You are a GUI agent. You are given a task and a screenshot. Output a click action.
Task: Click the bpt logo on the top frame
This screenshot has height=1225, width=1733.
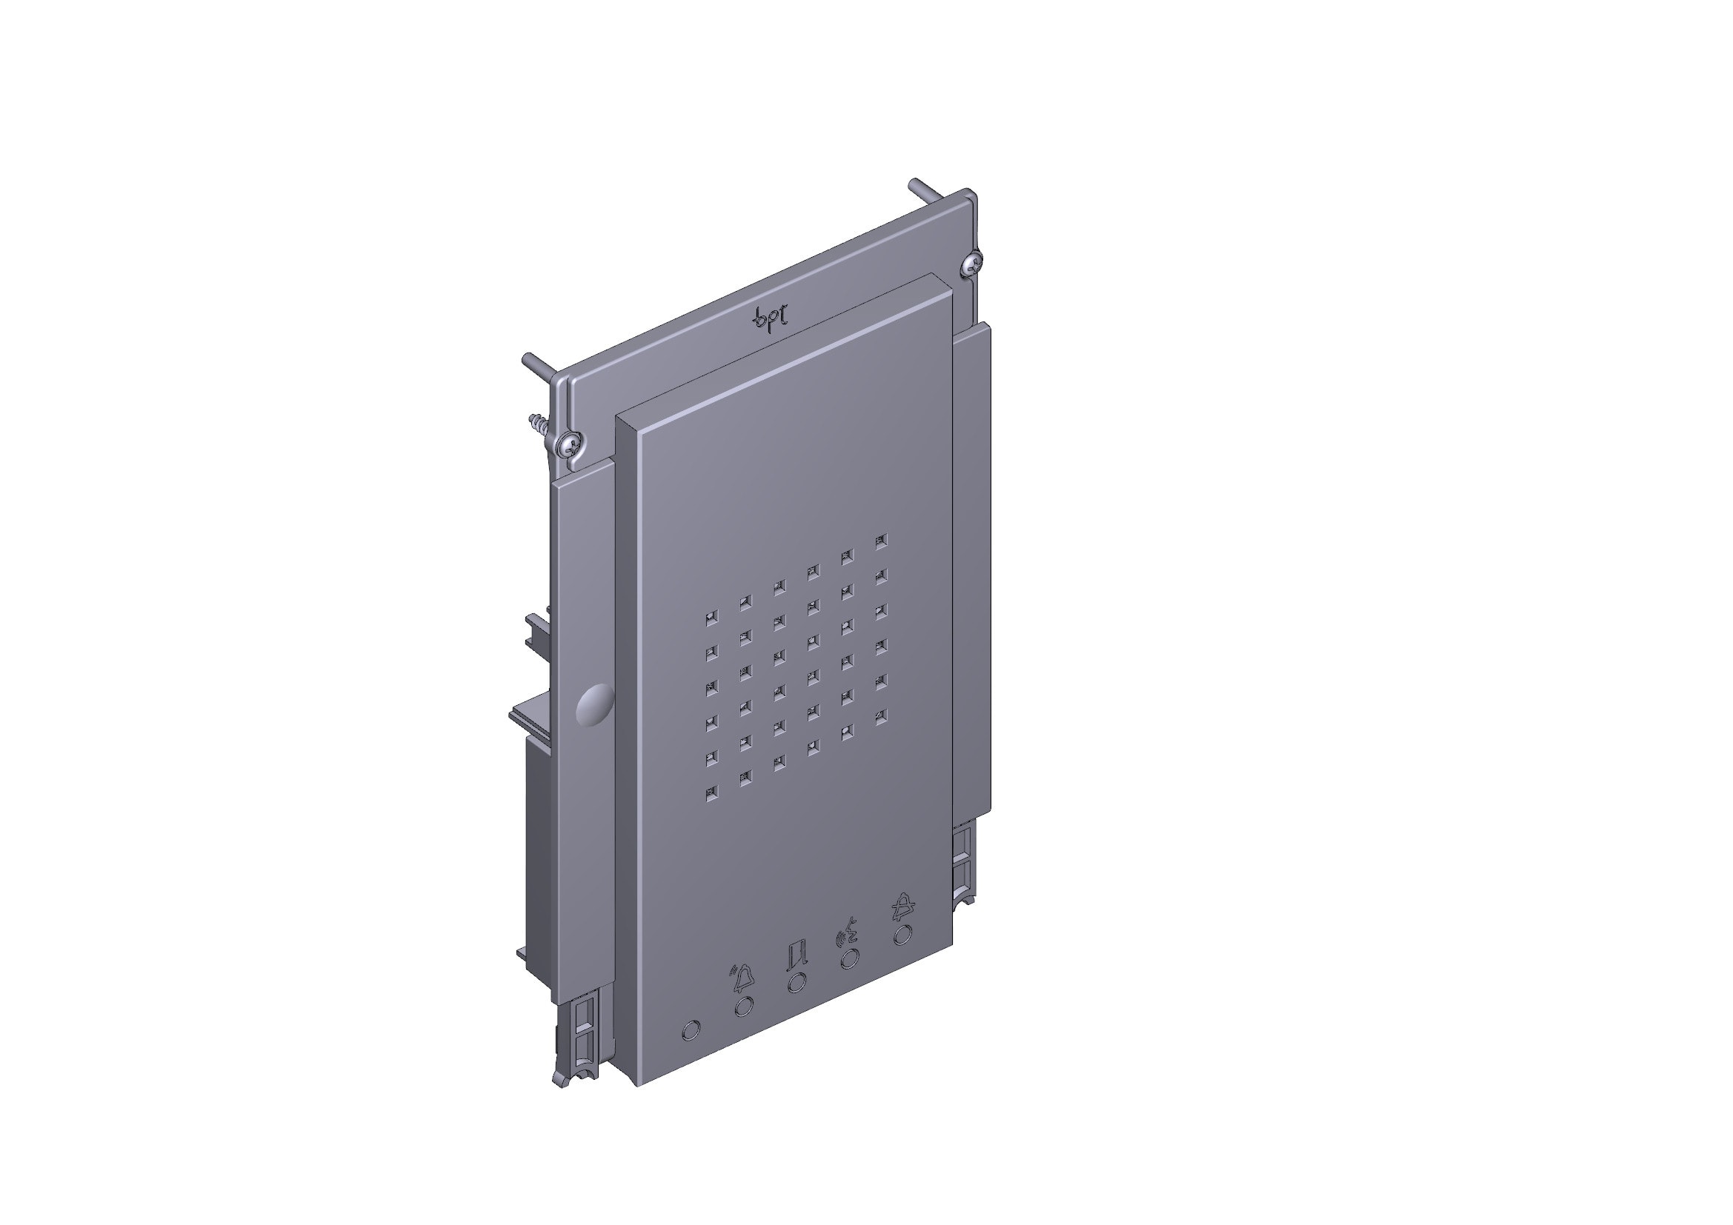(x=771, y=316)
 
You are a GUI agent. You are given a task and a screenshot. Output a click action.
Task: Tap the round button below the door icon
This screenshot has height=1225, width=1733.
(x=796, y=983)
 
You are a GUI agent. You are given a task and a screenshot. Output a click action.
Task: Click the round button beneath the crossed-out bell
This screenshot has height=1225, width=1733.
(x=901, y=935)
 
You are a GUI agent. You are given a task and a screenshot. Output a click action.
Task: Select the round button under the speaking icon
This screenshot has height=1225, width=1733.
(x=849, y=958)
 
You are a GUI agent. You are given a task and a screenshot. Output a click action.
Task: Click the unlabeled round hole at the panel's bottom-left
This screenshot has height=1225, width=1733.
(x=690, y=1030)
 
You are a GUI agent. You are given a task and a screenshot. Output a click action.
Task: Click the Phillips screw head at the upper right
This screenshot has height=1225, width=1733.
(x=972, y=262)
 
